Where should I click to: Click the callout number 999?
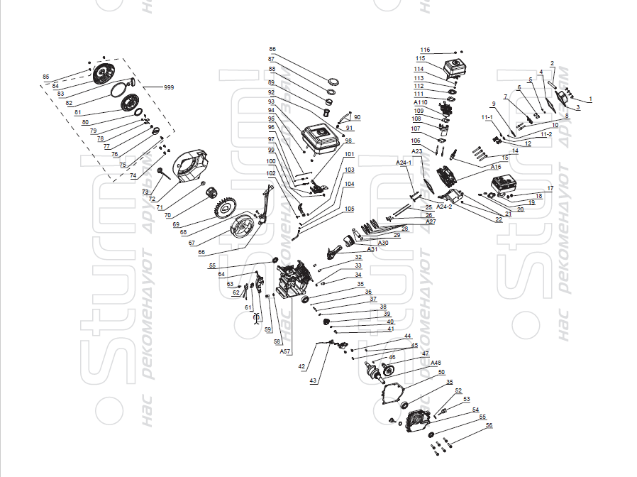[x=169, y=87]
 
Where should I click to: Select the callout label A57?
[x=284, y=351]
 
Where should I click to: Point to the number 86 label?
[x=272, y=49]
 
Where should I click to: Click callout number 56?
[x=489, y=426]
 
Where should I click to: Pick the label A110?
[x=420, y=102]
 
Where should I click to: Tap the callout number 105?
[x=350, y=209]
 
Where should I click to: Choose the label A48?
[x=436, y=363]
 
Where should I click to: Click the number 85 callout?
[x=46, y=77]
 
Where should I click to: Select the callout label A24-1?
[x=404, y=163]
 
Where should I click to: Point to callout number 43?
[x=313, y=380]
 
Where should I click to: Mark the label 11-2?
[x=546, y=134]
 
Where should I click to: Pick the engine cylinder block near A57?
[x=290, y=280]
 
